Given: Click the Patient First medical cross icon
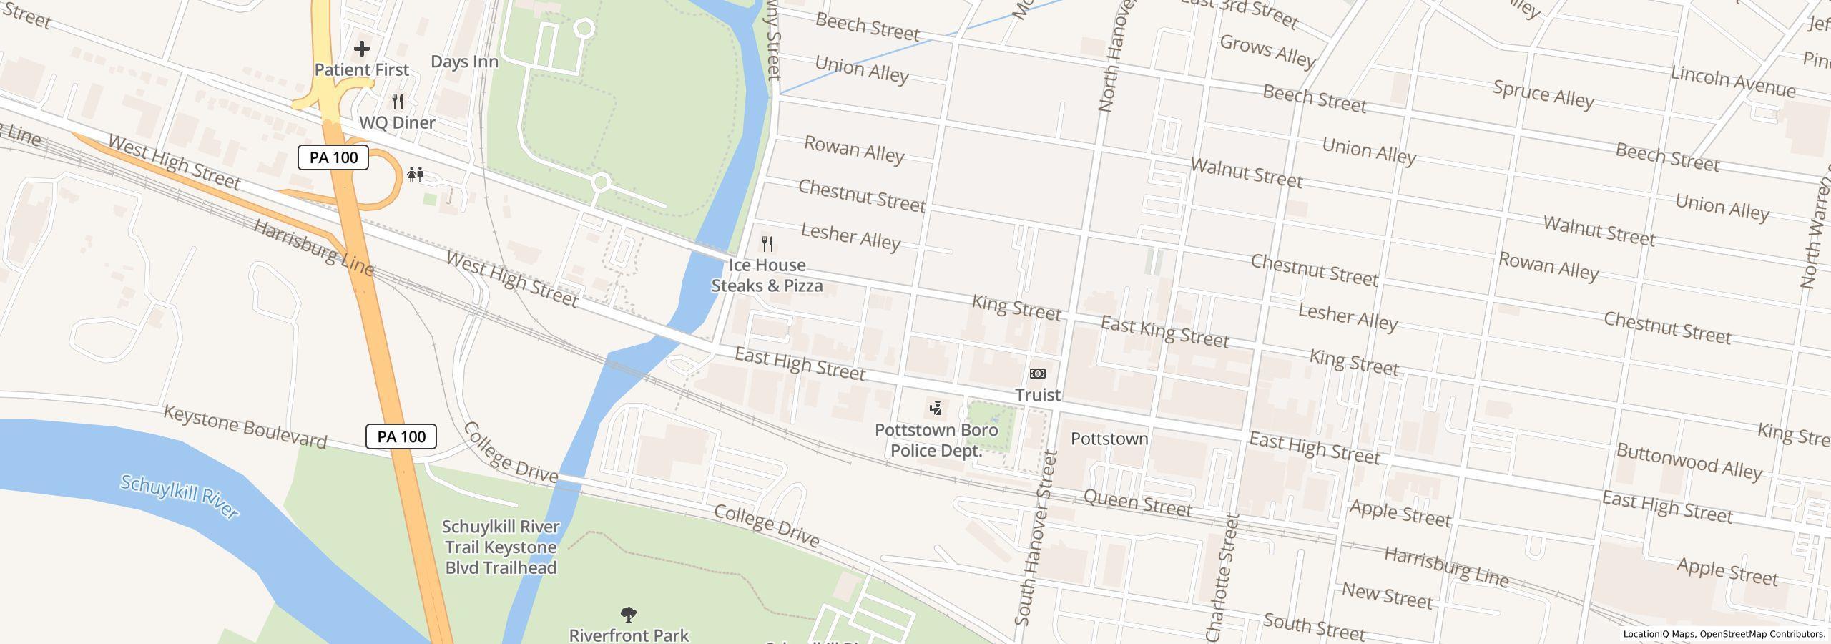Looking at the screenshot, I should pyautogui.click(x=362, y=49).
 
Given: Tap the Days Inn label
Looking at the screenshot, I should pyautogui.click(x=464, y=62).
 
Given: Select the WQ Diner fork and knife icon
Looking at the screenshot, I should pyautogui.click(x=398, y=102).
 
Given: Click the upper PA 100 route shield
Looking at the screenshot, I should pyautogui.click(x=333, y=157).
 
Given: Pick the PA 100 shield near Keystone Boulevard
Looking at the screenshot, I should pyautogui.click(x=401, y=436).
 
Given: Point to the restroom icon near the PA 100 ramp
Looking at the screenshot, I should pyautogui.click(x=416, y=174).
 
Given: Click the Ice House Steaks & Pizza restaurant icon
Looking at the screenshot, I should pyautogui.click(x=767, y=244).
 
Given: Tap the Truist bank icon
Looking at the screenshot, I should pyautogui.click(x=1037, y=374).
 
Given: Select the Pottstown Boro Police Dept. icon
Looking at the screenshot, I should pyautogui.click(x=936, y=409).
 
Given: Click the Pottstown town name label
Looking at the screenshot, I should pyautogui.click(x=1109, y=439).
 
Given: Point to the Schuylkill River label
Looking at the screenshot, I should pyautogui.click(x=179, y=496).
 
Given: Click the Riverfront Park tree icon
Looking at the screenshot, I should pyautogui.click(x=629, y=614).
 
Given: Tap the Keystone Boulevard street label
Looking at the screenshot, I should pyautogui.click(x=245, y=426).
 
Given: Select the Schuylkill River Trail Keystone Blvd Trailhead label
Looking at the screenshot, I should pyautogui.click(x=500, y=547).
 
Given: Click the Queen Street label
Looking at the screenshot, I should pyautogui.click(x=1137, y=504).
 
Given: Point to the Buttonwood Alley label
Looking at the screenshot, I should pyautogui.click(x=1688, y=462).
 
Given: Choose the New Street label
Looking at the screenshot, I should pyautogui.click(x=1387, y=596).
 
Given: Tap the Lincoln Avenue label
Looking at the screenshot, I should pyautogui.click(x=1733, y=83).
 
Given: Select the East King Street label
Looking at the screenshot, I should pyautogui.click(x=1164, y=332).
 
